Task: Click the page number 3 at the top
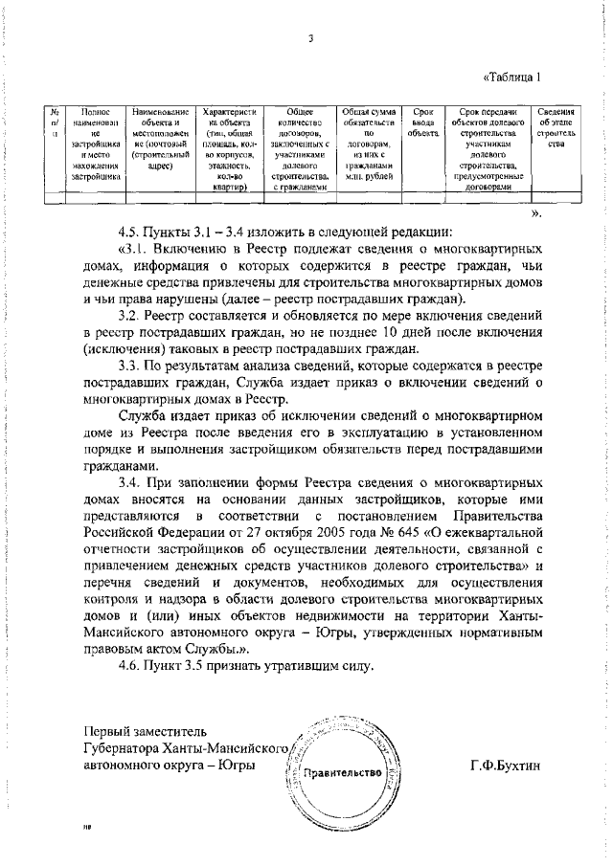(x=312, y=39)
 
